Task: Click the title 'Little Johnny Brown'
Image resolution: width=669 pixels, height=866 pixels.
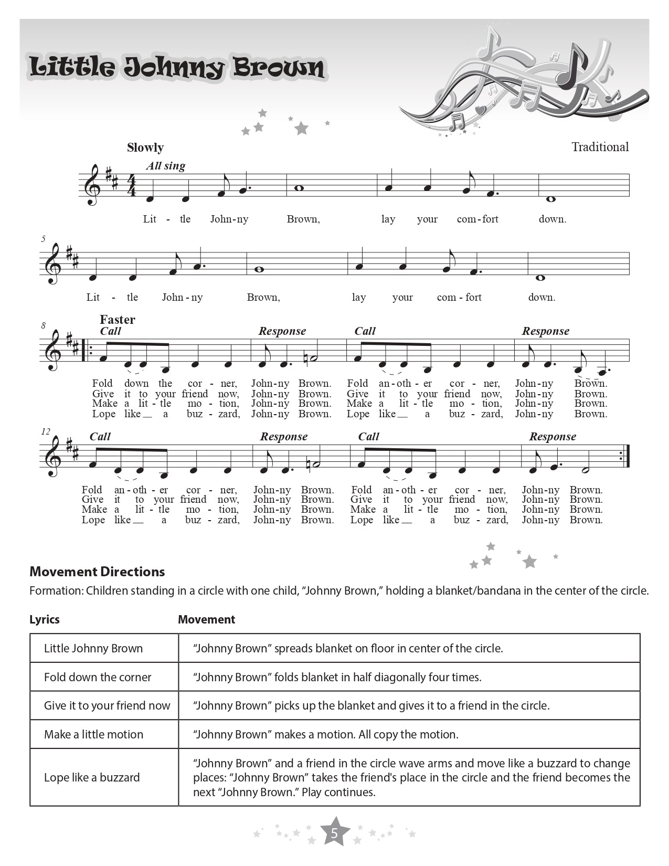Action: [177, 68]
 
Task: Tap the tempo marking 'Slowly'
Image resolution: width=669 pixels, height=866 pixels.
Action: [145, 147]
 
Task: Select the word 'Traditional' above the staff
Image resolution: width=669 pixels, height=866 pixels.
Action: [600, 147]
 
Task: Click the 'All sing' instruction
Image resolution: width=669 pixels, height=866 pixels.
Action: [166, 166]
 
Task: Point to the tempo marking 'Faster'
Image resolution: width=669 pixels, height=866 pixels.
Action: [118, 320]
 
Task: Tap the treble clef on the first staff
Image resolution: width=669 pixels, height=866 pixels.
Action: [92, 185]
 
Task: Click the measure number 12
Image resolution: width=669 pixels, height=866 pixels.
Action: [46, 431]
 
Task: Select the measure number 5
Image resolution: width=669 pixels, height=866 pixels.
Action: [44, 239]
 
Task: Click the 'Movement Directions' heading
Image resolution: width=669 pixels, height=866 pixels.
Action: [97, 572]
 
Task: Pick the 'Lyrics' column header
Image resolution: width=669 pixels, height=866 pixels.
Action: [45, 619]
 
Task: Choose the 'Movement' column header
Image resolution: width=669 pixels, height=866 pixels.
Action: [206, 619]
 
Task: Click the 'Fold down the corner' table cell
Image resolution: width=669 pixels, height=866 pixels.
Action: [98, 677]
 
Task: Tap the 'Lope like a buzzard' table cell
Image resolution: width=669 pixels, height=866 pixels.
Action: [92, 777]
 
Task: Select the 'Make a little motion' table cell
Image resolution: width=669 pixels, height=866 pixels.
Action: [93, 734]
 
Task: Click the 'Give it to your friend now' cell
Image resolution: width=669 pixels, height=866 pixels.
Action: [107, 705]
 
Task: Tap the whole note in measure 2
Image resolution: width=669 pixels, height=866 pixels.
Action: [299, 188]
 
